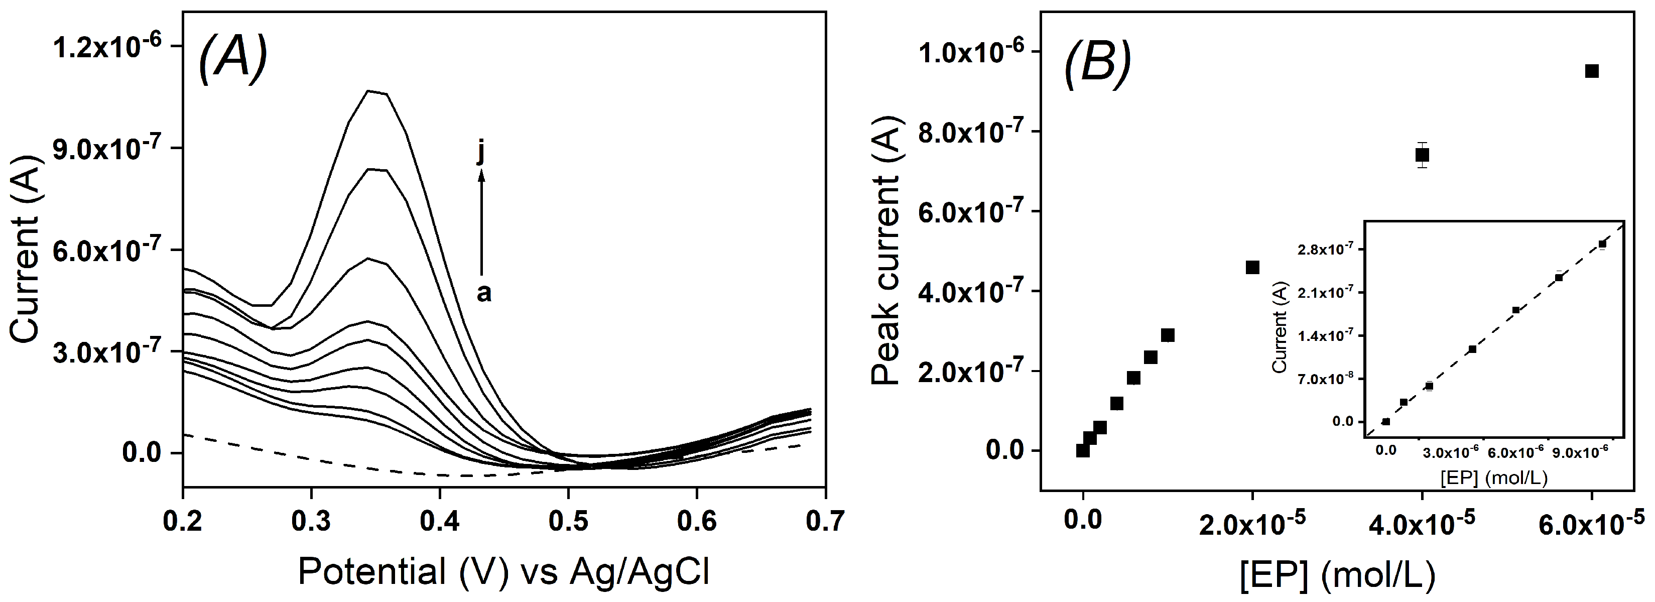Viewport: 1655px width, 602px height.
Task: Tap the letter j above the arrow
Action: [x=481, y=153]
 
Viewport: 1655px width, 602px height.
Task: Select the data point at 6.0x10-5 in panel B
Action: [x=1591, y=71]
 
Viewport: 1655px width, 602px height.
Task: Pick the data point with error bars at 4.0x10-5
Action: [x=1422, y=155]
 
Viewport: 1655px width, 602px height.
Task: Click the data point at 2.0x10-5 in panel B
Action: [x=1252, y=267]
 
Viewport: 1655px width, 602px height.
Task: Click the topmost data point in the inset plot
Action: [x=1602, y=244]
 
